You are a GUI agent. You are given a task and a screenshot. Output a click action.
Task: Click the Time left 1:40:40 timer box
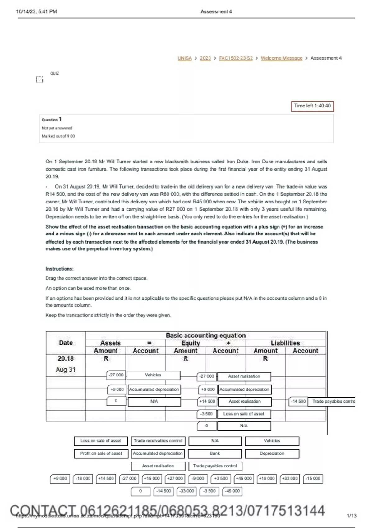pos(312,106)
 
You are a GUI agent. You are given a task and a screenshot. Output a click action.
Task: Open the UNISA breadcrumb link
pos(185,58)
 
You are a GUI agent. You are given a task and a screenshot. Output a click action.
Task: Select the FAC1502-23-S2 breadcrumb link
pos(236,58)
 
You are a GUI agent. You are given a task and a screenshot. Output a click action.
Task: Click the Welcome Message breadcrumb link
pos(281,58)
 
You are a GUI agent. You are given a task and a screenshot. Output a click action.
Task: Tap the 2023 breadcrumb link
pos(205,58)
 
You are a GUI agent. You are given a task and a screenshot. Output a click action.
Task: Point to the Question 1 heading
pos(52,120)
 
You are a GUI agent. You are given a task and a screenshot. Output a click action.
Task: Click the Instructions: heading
pos(59,269)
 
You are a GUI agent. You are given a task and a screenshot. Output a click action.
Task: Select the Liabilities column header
pos(285,343)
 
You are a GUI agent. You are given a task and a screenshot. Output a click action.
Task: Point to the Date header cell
pos(66,343)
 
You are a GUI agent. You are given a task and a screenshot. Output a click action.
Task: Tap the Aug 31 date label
pos(66,370)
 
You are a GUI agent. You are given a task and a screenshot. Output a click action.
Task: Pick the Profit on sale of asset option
pos(101,453)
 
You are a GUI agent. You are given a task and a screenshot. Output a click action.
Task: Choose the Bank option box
pos(215,453)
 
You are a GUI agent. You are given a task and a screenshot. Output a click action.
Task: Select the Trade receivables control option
pos(158,441)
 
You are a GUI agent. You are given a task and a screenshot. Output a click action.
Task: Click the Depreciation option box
pos(272,453)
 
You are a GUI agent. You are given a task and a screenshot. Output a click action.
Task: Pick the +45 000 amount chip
pos(244,479)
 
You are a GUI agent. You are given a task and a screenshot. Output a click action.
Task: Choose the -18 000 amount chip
pos(83,479)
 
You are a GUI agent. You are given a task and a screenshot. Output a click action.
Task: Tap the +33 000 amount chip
pos(290,479)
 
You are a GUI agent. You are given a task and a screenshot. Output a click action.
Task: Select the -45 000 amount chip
pos(233,491)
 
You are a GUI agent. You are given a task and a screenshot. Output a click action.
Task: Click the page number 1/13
pos(351,516)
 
